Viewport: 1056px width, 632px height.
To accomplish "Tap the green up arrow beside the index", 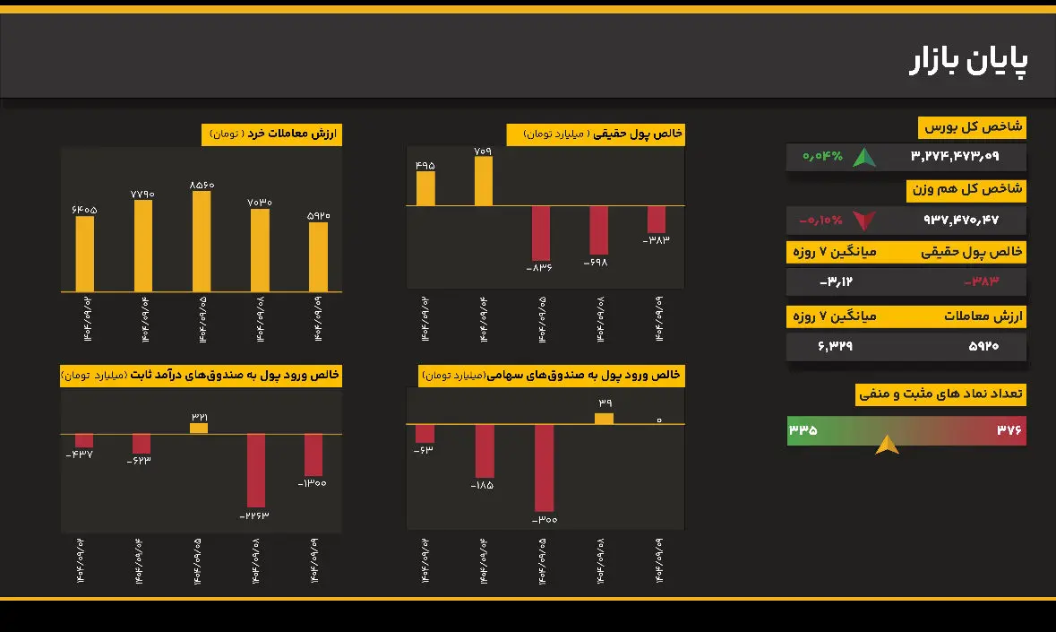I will point(864,158).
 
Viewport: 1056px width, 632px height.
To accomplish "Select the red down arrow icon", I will point(864,221).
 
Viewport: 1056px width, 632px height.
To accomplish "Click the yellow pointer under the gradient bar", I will point(887,445).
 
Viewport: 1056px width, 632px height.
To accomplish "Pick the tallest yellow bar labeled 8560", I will point(202,241).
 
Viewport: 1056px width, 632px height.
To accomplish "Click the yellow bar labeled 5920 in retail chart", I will point(318,256).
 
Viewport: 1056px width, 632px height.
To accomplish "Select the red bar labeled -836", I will point(540,233).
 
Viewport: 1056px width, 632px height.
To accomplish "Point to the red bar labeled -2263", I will point(256,471).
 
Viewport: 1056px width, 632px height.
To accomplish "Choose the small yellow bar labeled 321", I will point(199,429).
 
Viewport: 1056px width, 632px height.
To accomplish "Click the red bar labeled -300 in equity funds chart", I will point(544,467).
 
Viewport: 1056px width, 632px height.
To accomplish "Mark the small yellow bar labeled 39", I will point(605,419).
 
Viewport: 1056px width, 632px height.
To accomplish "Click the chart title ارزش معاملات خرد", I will point(272,134).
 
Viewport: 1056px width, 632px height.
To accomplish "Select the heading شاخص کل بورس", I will point(973,128).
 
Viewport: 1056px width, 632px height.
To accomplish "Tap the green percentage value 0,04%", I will point(822,157).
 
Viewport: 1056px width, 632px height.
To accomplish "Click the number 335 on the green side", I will point(803,430).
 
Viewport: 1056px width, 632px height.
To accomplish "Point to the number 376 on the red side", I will point(1009,430).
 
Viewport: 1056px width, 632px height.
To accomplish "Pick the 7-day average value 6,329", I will point(835,346).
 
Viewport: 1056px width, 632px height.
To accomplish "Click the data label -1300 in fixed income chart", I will point(313,484).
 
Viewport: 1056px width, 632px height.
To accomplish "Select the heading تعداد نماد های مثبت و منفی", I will point(941,394).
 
